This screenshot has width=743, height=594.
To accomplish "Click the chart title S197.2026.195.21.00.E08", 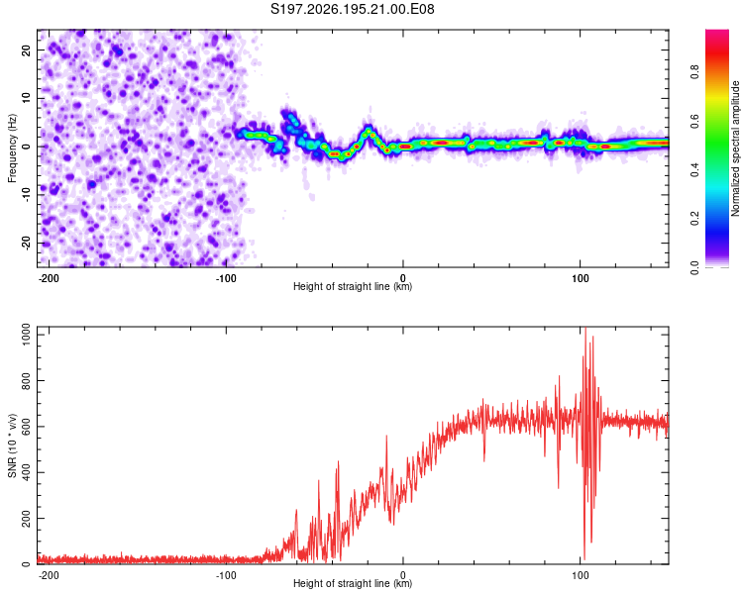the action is (x=352, y=9).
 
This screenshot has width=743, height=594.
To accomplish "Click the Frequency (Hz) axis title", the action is (x=12, y=148).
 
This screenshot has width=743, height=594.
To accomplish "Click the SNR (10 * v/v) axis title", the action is (x=12, y=445).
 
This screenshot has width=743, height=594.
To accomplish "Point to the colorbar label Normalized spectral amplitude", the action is (x=735, y=148).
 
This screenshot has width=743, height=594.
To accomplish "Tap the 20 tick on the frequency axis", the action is (x=26, y=49).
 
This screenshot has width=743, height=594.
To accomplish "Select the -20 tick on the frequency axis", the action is (x=26, y=243).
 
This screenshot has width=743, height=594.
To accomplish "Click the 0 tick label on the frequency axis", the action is (x=26, y=147).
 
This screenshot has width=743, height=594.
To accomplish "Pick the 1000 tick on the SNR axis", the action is (x=26, y=335).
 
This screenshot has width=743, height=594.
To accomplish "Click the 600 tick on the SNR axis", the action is (x=26, y=427).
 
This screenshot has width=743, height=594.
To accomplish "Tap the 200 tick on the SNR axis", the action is (x=26, y=518).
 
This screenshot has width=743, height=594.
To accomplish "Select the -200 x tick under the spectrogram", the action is (x=48, y=278).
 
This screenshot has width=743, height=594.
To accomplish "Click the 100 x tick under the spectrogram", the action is (x=580, y=278).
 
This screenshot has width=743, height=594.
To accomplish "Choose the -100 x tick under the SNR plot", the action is (x=226, y=575).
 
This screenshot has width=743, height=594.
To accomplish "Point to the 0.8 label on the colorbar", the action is (x=695, y=71).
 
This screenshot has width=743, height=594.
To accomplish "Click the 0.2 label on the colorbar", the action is (x=695, y=219).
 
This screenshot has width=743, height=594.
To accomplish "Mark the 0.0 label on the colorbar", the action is (x=695, y=268).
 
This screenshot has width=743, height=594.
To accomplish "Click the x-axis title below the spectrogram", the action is (x=353, y=286).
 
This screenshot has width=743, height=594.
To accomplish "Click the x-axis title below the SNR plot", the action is (x=353, y=583).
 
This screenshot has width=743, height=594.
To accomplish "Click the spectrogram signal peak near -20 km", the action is (x=368, y=130).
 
